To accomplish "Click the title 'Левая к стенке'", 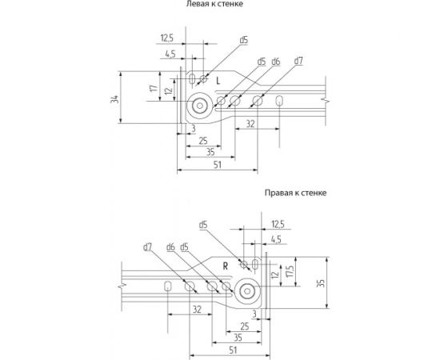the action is (x=214, y=4).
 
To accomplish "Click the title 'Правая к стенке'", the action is (x=295, y=193).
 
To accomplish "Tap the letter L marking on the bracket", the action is (x=218, y=81).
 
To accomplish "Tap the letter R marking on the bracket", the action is (x=226, y=266).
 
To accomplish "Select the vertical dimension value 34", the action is (x=115, y=99).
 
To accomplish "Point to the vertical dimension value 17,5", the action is (x=290, y=271).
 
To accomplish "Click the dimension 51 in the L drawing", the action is (x=218, y=165).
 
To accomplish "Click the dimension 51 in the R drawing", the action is (x=233, y=350).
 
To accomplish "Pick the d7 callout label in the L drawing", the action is (x=298, y=61).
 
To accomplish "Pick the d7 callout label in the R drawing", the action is (x=148, y=247).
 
